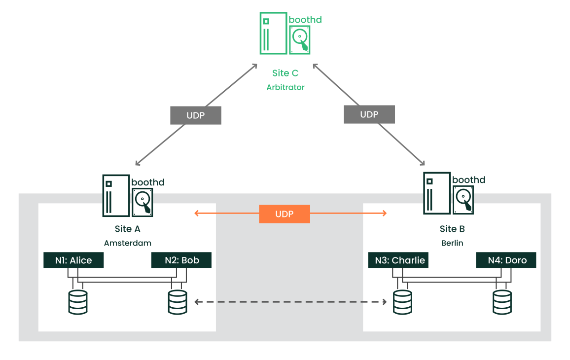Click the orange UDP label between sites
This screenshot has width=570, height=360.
(285, 214)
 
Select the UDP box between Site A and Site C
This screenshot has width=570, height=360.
(196, 115)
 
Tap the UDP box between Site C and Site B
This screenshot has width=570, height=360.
(369, 114)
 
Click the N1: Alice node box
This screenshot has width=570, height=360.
(74, 260)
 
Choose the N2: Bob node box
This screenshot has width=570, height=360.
(181, 260)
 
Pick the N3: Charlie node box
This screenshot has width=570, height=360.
(398, 260)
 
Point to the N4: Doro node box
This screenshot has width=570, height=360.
(506, 260)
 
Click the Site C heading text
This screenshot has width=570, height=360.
(285, 73)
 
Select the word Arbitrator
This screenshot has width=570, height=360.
(285, 87)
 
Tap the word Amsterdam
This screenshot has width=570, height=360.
(128, 243)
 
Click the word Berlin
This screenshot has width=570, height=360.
(452, 243)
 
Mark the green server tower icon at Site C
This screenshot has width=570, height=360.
(273, 33)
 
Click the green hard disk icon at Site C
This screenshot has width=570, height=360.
(300, 39)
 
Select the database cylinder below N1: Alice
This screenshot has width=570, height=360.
(78, 302)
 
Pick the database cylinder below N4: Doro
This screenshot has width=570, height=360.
(502, 302)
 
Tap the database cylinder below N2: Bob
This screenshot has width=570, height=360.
(178, 302)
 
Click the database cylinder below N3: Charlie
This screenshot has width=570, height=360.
(402, 302)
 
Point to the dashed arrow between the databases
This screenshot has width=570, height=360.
(290, 302)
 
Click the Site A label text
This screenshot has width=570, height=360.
(127, 229)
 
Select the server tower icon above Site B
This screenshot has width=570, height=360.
(437, 193)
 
